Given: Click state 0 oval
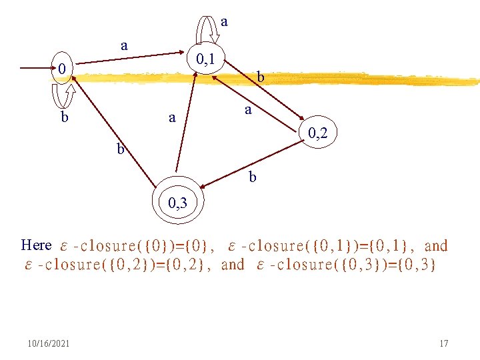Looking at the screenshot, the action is click(x=61, y=69).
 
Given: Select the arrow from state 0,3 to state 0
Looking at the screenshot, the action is click(x=113, y=130).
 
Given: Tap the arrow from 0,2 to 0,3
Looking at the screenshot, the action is click(x=253, y=163).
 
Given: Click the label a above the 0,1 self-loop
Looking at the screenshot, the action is click(x=224, y=21).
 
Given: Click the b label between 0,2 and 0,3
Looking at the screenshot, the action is click(x=252, y=177).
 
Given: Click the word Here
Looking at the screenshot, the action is click(x=36, y=245).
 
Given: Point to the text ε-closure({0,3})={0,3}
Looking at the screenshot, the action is click(x=347, y=265).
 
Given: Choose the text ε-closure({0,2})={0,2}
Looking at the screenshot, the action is click(x=125, y=265).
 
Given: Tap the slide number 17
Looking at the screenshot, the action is click(x=444, y=343).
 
